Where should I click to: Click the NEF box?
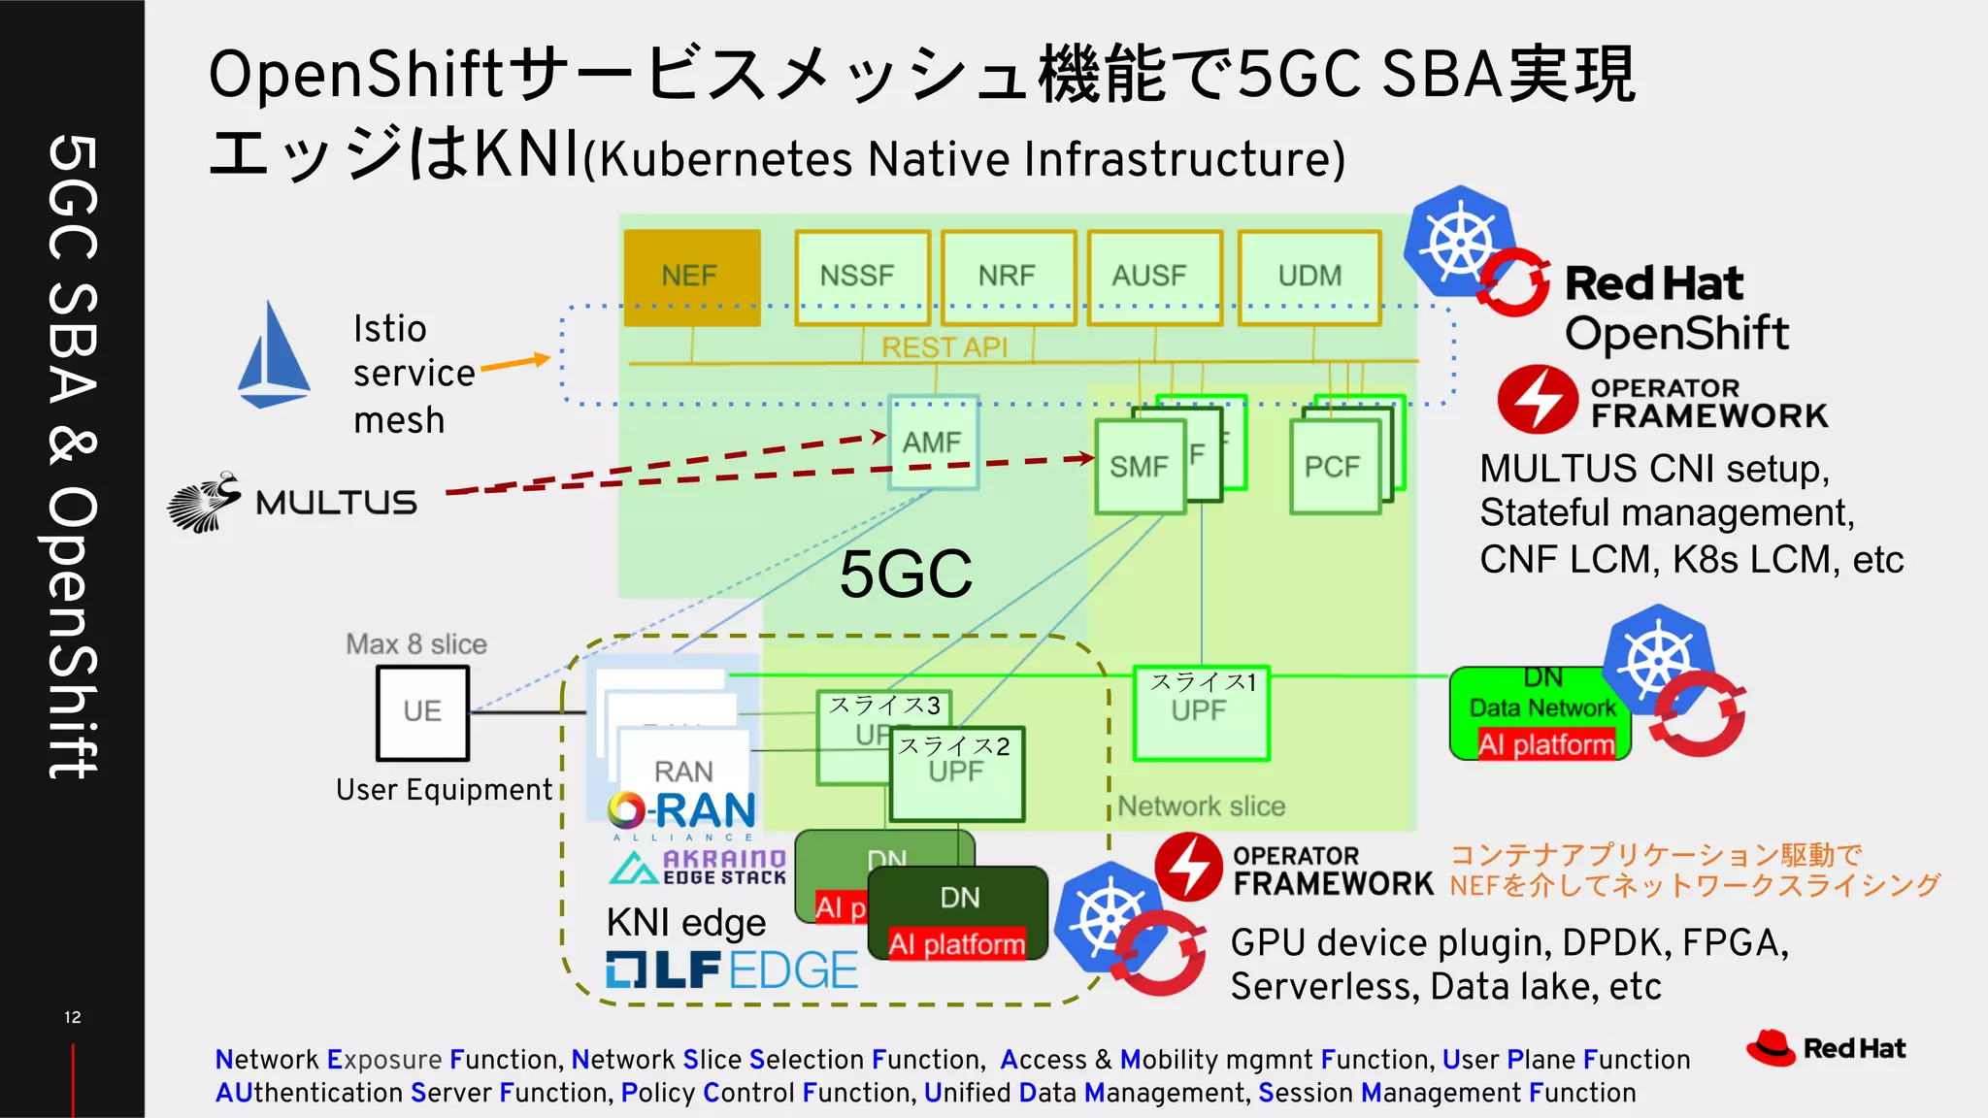(691, 277)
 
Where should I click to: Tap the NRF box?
(1008, 277)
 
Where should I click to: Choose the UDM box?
(1309, 277)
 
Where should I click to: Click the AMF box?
(933, 443)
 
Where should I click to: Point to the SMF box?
(1140, 467)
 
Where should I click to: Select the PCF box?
(1334, 467)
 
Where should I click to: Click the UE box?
(422, 712)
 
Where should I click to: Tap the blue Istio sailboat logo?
(274, 356)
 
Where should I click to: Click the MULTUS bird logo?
(205, 502)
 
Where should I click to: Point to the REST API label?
(944, 346)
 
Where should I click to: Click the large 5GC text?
(905, 574)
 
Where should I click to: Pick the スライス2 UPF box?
(956, 773)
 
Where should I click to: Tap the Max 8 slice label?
(416, 644)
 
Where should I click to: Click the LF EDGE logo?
(732, 970)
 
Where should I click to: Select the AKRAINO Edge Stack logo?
(697, 867)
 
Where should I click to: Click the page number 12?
(73, 1017)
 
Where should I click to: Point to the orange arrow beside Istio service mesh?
(514, 363)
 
